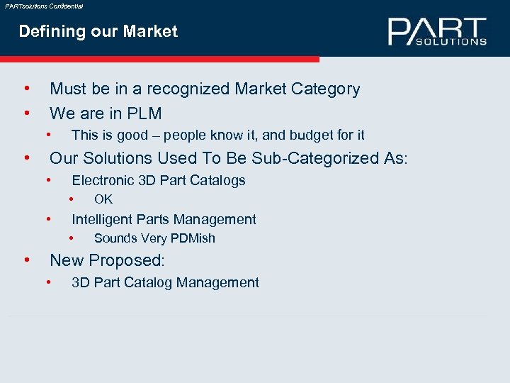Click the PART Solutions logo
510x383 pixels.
(x=437, y=32)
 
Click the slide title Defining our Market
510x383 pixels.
(x=98, y=31)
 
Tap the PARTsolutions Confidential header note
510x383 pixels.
(x=44, y=6)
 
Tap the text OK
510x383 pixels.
(x=103, y=199)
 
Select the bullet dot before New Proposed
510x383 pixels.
(x=26, y=260)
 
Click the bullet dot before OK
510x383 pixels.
(x=72, y=199)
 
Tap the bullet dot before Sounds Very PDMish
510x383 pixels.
(x=72, y=238)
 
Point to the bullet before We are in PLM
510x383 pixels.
(x=26, y=113)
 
